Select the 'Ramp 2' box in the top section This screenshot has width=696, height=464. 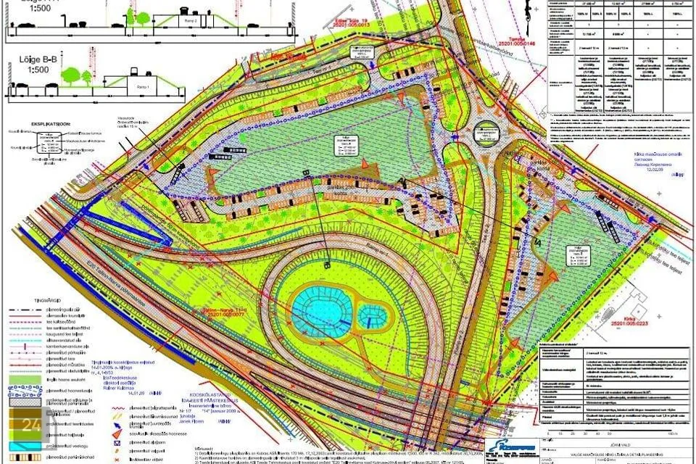191,22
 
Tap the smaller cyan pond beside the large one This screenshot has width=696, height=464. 373,315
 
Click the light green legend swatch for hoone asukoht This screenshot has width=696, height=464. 28,379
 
